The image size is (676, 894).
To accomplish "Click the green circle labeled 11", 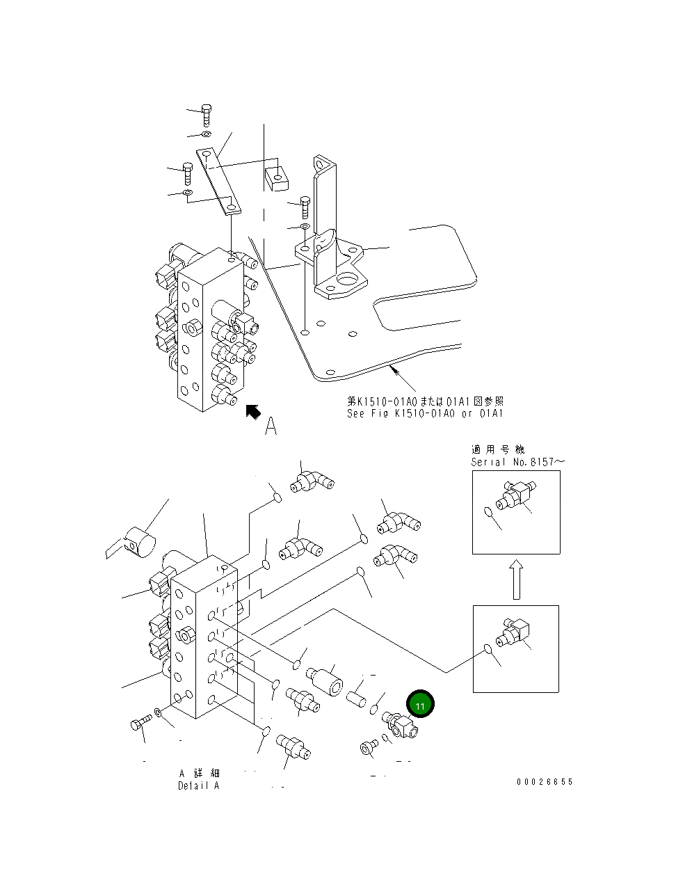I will (x=420, y=705).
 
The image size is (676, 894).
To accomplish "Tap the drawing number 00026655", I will (x=545, y=782).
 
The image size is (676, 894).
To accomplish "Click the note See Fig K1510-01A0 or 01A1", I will (x=425, y=413).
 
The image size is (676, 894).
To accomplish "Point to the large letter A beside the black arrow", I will (x=271, y=426).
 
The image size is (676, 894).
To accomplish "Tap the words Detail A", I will (x=198, y=785).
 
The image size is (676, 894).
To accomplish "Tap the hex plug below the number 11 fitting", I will (x=367, y=748).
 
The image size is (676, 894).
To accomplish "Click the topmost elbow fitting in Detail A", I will (x=312, y=481).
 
